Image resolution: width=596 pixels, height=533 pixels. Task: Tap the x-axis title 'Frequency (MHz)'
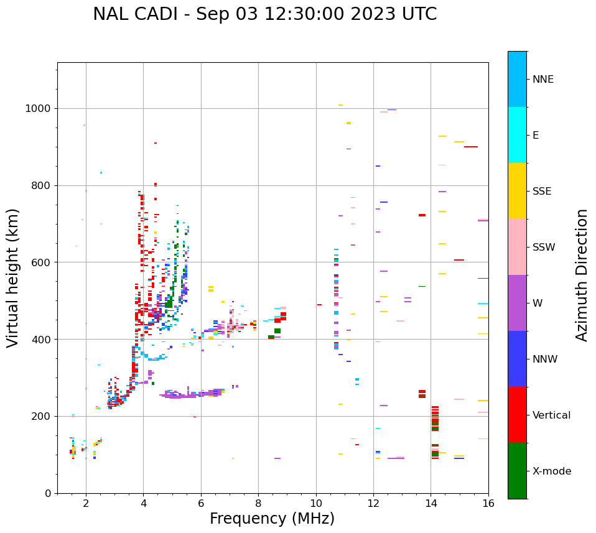coord(272,519)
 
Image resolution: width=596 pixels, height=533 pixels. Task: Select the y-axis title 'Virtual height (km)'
coord(13,277)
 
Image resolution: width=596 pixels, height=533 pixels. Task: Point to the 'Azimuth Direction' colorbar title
coord(582,275)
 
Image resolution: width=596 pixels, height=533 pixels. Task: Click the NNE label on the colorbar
coord(542,80)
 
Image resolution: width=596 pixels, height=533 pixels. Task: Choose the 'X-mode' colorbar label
coord(551,471)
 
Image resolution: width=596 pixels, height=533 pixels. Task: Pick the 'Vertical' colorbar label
coord(551,415)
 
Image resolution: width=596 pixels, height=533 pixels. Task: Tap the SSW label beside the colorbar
coord(544,248)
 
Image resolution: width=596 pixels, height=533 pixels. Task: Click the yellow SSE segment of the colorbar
coord(517,191)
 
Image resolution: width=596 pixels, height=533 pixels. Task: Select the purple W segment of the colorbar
coord(517,303)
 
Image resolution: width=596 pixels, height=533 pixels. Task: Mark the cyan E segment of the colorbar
coord(517,135)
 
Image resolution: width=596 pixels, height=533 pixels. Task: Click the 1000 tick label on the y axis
coord(39,108)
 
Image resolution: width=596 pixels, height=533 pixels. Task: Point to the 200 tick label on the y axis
coord(42,416)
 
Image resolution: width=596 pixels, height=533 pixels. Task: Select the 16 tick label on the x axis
coord(488,504)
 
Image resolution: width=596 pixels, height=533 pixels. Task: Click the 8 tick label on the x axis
coord(258,504)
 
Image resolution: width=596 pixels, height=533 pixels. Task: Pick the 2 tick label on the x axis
coord(86,504)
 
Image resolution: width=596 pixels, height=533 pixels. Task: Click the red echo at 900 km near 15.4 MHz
coord(471,147)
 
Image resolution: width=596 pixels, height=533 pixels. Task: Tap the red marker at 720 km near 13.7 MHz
coord(422,215)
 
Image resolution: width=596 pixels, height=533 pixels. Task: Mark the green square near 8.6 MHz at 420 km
coord(277,331)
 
